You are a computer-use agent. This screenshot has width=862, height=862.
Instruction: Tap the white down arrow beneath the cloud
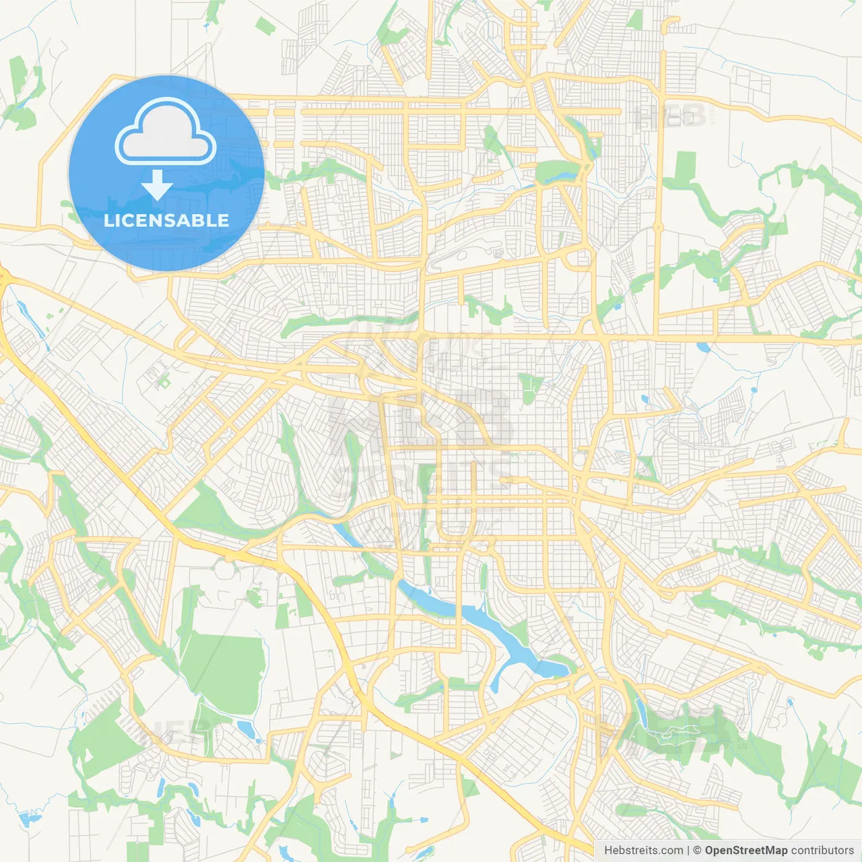coord(157,185)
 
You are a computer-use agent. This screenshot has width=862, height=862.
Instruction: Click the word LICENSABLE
coord(166,220)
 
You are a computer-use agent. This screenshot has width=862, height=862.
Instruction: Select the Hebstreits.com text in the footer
coord(643,851)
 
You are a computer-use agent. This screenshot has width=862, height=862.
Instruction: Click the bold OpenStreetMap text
coord(745,851)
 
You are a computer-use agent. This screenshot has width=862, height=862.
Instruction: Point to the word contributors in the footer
coord(822,851)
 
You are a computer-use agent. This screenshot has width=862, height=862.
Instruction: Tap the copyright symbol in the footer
coord(697,851)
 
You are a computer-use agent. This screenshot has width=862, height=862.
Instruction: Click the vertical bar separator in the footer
coord(688,851)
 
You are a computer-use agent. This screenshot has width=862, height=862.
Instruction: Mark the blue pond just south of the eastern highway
coord(703,348)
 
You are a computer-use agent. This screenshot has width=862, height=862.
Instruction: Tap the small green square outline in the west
coord(162,382)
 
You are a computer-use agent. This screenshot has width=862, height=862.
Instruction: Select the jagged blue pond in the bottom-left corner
coord(27,818)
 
